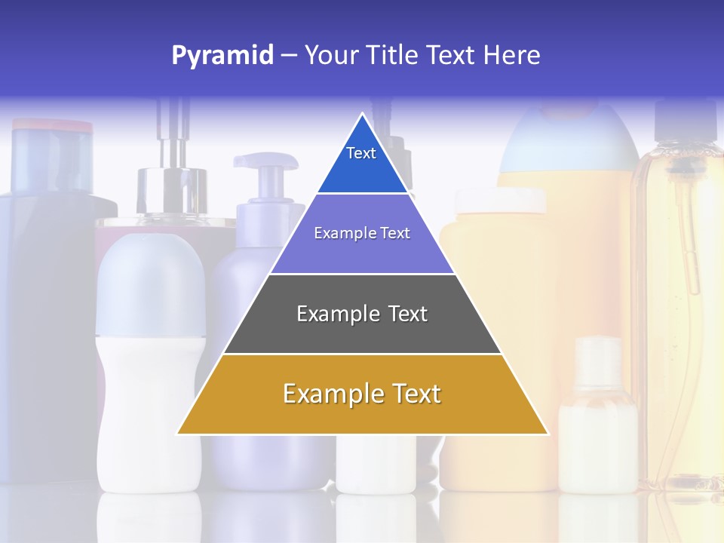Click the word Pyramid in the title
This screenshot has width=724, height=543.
(222, 55)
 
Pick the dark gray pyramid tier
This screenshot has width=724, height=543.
(362, 332)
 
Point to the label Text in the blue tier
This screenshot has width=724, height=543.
(361, 153)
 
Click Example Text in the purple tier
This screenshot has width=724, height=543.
(362, 233)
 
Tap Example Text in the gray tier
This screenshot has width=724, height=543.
(362, 314)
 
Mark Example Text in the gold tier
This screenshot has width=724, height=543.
(362, 394)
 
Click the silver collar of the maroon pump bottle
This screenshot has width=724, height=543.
(172, 193)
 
